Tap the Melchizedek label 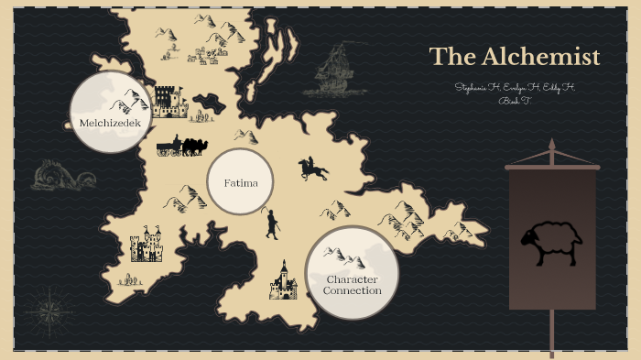point(110,121)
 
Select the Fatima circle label point(241,183)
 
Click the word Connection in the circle point(352,290)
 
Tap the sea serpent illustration point(62,174)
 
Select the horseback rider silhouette point(312,169)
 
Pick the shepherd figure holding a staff point(271,224)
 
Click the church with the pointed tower point(282,281)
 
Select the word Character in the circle point(352,278)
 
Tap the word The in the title point(450,57)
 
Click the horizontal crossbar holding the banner point(551,167)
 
